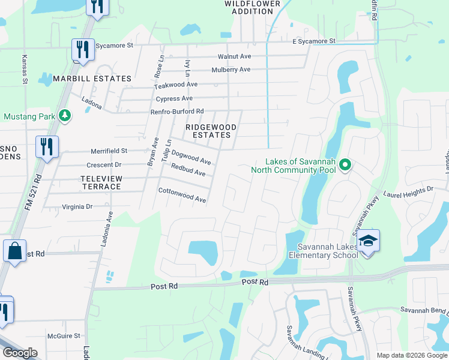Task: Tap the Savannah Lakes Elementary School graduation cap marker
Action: (368, 241)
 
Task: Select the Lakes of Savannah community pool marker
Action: (345, 164)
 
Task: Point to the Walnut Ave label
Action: (234, 56)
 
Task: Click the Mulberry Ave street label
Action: (231, 70)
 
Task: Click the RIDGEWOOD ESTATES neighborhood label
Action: (208, 131)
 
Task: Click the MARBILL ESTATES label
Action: (92, 79)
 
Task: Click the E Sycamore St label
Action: (314, 41)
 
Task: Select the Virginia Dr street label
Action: (77, 206)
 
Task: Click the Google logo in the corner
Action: (20, 353)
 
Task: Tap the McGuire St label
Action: (64, 336)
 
